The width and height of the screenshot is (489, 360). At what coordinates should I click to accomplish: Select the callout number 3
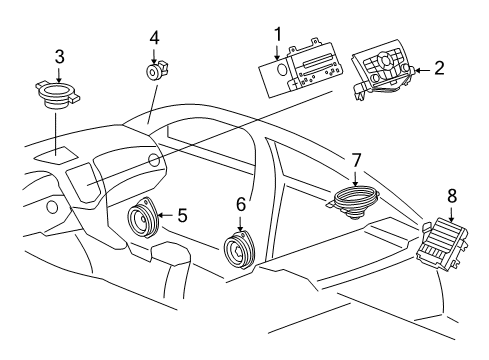coord(60,54)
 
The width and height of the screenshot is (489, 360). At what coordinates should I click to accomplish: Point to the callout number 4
coord(154,37)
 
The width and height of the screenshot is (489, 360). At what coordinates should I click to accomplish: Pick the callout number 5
coord(181,213)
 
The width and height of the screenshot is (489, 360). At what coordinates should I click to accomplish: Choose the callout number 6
coord(240,203)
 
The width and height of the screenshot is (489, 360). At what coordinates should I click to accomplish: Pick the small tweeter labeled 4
coord(154,71)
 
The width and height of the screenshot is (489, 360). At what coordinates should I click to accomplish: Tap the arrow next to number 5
coord(165,213)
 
